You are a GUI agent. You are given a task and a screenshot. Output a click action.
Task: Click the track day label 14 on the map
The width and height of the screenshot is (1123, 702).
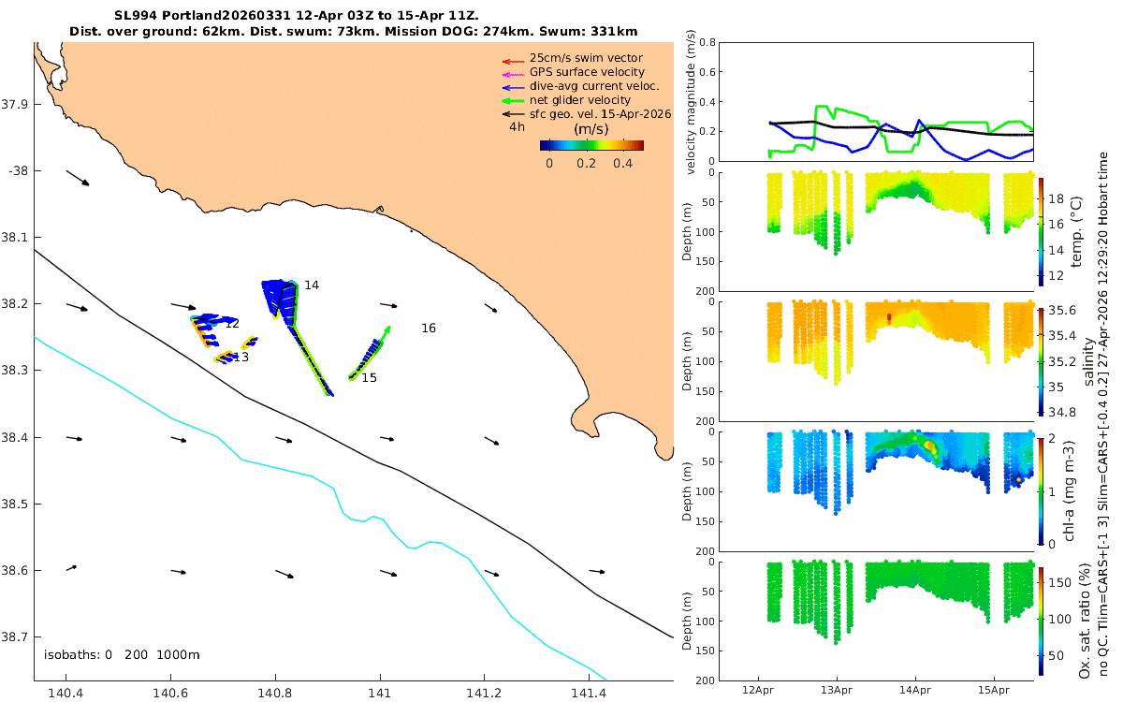tap(312, 285)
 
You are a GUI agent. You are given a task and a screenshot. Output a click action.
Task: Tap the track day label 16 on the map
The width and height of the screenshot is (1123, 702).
tap(429, 328)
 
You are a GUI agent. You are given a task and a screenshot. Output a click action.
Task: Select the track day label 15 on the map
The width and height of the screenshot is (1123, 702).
tap(369, 377)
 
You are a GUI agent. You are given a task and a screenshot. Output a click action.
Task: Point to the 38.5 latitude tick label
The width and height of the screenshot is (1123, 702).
tap(15, 504)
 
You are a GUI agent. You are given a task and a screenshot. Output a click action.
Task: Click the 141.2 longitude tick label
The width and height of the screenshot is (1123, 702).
tap(484, 693)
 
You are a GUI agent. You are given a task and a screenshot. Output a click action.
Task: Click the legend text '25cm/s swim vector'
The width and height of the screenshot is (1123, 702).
tap(586, 58)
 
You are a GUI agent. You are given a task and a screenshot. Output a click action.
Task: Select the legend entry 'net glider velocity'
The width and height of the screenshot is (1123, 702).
tap(580, 100)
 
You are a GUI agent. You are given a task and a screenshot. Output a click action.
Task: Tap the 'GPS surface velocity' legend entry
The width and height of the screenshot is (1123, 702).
tap(587, 72)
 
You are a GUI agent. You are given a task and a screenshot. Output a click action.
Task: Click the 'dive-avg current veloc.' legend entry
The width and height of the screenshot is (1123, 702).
tap(594, 86)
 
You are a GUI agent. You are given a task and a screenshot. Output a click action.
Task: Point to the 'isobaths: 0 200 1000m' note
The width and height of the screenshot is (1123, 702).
tap(122, 655)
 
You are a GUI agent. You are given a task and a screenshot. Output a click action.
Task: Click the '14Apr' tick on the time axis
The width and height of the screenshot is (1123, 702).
tap(915, 690)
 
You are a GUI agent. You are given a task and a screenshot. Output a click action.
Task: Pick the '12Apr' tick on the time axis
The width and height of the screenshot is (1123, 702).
tap(757, 690)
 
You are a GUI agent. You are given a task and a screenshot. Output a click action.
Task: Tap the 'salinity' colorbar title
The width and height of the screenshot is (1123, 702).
tap(1088, 361)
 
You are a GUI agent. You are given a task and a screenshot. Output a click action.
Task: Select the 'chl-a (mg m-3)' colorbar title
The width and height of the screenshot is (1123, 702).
tap(1069, 491)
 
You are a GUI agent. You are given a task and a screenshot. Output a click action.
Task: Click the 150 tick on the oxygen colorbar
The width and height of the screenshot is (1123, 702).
tap(1059, 582)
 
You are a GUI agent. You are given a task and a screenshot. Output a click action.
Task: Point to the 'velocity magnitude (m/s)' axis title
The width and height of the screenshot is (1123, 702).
tap(691, 102)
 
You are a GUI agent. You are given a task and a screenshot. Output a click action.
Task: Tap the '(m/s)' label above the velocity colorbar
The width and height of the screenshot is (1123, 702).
tap(591, 129)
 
